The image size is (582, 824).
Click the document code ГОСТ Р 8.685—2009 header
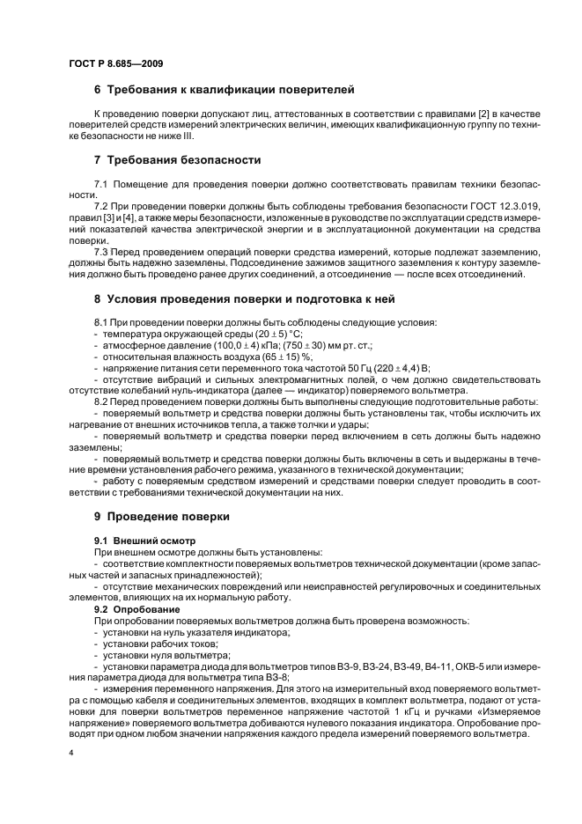(114, 64)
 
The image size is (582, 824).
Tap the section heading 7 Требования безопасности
(177, 160)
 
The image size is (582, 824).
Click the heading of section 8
(244, 298)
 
